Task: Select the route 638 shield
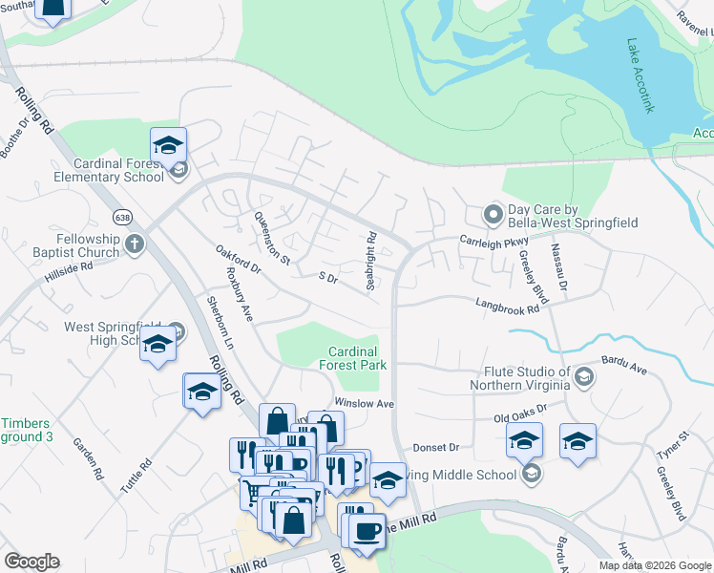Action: click(121, 217)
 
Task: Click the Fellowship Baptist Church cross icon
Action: click(134, 243)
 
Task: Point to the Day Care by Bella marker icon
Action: click(493, 214)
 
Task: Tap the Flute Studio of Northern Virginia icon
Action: click(581, 379)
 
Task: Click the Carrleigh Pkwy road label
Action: click(494, 242)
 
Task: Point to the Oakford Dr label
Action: click(238, 261)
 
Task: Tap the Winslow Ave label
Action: click(364, 404)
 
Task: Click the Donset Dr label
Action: click(436, 447)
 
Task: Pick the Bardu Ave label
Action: click(625, 367)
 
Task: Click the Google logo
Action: click(31, 562)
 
